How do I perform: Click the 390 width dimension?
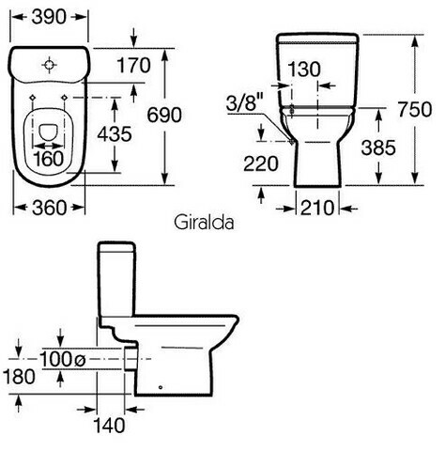coord(49,17)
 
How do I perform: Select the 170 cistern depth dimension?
coord(133,65)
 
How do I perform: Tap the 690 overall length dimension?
coord(164,115)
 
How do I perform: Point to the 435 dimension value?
coord(115,134)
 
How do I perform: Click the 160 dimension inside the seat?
coord(49,159)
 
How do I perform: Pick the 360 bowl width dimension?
coord(50,208)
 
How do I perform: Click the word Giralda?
coord(204,223)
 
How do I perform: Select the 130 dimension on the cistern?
coord(304,70)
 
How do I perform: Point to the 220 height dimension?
coord(261,163)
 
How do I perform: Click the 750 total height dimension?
coord(415,109)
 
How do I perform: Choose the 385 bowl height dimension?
coord(378,148)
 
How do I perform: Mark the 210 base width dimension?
coord(317,208)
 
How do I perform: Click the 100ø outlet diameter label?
coord(63,359)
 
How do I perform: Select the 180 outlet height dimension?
coord(19,377)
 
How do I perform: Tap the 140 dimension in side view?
coord(109,426)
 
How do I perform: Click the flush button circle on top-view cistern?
coord(50,65)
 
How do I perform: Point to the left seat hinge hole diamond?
coord(33,98)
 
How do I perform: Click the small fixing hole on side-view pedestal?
coord(161,387)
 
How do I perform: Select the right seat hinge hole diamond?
coord(65,98)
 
